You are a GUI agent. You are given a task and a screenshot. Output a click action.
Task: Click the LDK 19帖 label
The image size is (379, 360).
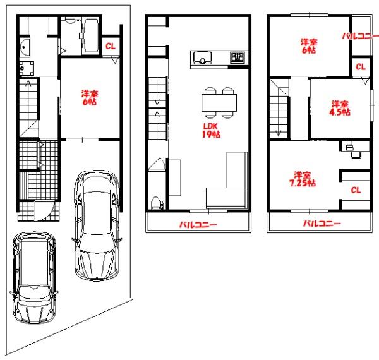point(211,130)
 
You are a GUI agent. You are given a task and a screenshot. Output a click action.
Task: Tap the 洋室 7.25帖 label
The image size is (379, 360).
point(303,179)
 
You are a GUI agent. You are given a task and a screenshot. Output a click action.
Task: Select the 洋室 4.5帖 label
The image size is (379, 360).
point(340,108)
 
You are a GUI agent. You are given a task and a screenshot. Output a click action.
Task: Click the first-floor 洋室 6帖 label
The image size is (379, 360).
point(90,98)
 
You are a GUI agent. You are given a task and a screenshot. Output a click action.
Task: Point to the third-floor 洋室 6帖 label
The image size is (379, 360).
point(309,46)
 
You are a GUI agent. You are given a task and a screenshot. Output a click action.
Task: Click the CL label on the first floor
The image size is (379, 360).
point(111,46)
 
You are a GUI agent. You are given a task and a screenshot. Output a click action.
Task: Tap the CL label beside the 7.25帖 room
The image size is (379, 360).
point(356,190)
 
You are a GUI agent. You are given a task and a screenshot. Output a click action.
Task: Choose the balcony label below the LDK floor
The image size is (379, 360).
point(198,225)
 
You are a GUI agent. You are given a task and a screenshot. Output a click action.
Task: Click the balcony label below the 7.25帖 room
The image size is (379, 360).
point(322,224)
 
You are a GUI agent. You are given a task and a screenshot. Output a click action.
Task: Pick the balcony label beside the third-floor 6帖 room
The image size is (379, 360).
point(361,36)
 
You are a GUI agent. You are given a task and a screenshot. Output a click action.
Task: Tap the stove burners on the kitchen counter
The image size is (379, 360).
point(238,57)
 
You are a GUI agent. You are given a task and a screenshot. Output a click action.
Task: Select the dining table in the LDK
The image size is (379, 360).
point(219,103)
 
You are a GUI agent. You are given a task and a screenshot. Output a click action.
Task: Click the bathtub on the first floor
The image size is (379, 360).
point(90,35)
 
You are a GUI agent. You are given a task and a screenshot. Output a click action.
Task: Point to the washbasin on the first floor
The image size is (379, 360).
point(25,47)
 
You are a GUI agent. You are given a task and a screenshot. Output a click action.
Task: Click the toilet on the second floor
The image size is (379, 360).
point(156,203)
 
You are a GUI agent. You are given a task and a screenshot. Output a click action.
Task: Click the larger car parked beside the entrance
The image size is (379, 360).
point(97,225)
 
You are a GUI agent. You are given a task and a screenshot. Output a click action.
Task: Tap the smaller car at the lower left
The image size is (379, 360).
point(34,278)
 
